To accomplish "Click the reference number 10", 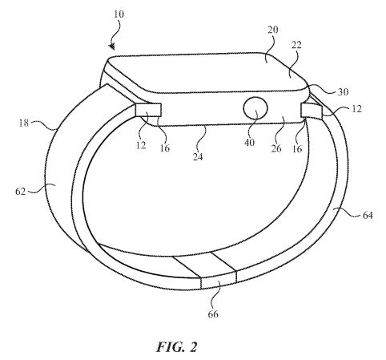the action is click(x=119, y=14).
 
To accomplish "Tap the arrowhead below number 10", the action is click(x=112, y=47).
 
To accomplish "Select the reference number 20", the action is click(x=273, y=30).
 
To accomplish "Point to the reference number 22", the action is click(x=296, y=45).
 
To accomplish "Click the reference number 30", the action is click(x=343, y=92).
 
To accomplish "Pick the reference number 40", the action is click(x=250, y=143).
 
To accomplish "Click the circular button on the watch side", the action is click(x=255, y=108).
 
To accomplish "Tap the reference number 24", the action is click(x=198, y=156).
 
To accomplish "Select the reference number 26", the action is click(x=276, y=148).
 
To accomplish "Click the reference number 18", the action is click(x=23, y=123).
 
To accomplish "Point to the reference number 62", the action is click(x=21, y=192).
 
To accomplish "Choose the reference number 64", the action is click(x=368, y=215).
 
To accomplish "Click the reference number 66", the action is click(x=213, y=314).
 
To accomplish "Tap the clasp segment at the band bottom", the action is click(x=218, y=281).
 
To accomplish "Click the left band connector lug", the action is click(x=148, y=110).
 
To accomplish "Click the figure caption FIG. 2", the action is click(x=177, y=347).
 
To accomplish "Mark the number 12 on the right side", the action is click(x=356, y=109).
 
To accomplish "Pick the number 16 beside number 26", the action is click(x=297, y=148).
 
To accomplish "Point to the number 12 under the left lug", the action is click(x=141, y=145).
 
